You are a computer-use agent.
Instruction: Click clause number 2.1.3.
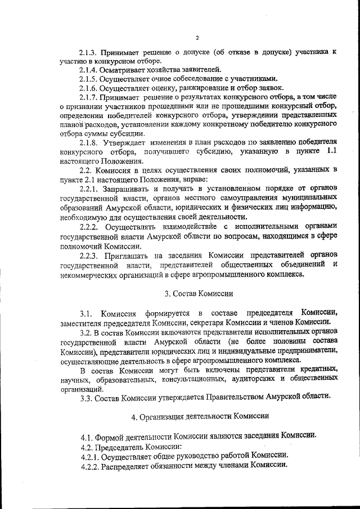89,52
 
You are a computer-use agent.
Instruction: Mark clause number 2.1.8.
89,143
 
